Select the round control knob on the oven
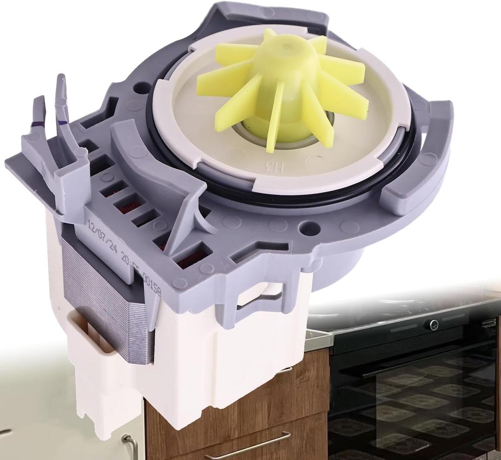[x=433, y=324]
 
